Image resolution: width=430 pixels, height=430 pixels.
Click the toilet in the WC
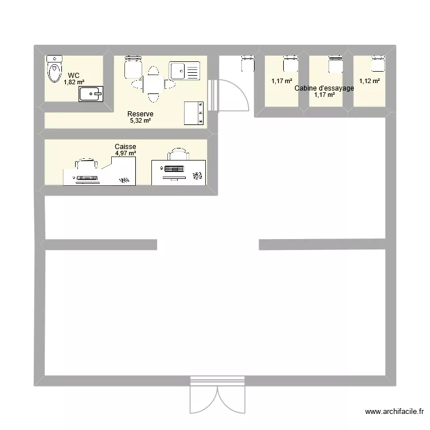(x=54, y=69)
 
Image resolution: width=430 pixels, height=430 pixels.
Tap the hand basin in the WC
(x=91, y=94)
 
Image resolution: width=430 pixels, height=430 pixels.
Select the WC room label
(x=74, y=76)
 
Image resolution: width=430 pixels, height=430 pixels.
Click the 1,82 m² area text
(x=74, y=82)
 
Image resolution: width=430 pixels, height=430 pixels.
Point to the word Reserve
(x=140, y=114)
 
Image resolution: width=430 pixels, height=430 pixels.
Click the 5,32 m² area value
(x=140, y=120)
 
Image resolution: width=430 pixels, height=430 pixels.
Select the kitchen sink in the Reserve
(x=184, y=71)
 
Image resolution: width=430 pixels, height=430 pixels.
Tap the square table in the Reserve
(x=153, y=84)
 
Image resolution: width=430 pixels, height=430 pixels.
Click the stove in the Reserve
(x=194, y=114)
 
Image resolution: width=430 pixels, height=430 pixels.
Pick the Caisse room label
(x=126, y=146)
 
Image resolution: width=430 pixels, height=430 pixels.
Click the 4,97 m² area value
(x=126, y=153)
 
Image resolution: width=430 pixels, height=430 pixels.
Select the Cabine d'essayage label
(x=324, y=88)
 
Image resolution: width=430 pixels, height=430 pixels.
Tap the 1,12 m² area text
(x=369, y=81)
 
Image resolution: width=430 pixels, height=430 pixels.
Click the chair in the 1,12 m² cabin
(x=378, y=64)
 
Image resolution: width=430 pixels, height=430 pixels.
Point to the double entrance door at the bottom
(x=217, y=394)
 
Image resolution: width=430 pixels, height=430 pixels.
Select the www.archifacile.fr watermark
(x=394, y=411)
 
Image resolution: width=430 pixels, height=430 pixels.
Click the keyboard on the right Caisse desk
(x=174, y=169)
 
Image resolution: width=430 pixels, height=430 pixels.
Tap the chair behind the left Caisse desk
(x=87, y=163)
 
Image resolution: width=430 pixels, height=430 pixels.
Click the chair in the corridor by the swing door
(x=248, y=64)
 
